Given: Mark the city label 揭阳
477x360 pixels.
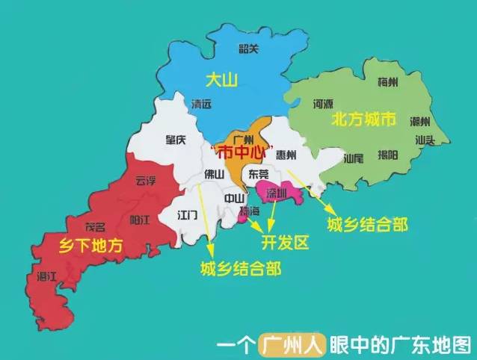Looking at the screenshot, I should [388, 155].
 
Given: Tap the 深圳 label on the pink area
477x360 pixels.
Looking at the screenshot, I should [277, 194].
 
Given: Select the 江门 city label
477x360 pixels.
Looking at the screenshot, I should [187, 214].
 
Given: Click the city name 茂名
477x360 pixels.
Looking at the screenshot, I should [96, 226].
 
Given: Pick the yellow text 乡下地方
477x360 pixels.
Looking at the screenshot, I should [84, 244].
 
